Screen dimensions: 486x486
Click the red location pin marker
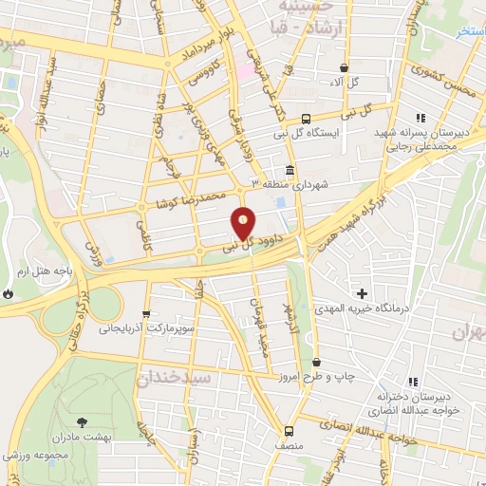pos(245,223)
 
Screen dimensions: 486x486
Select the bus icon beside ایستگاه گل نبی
pos(306,120)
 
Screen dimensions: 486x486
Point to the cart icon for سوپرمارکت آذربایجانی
pos(145,314)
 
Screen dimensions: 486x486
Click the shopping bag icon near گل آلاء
pos(344,67)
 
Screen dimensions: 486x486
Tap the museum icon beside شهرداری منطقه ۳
pos(289,171)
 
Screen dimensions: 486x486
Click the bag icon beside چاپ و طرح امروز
pos(316,363)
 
